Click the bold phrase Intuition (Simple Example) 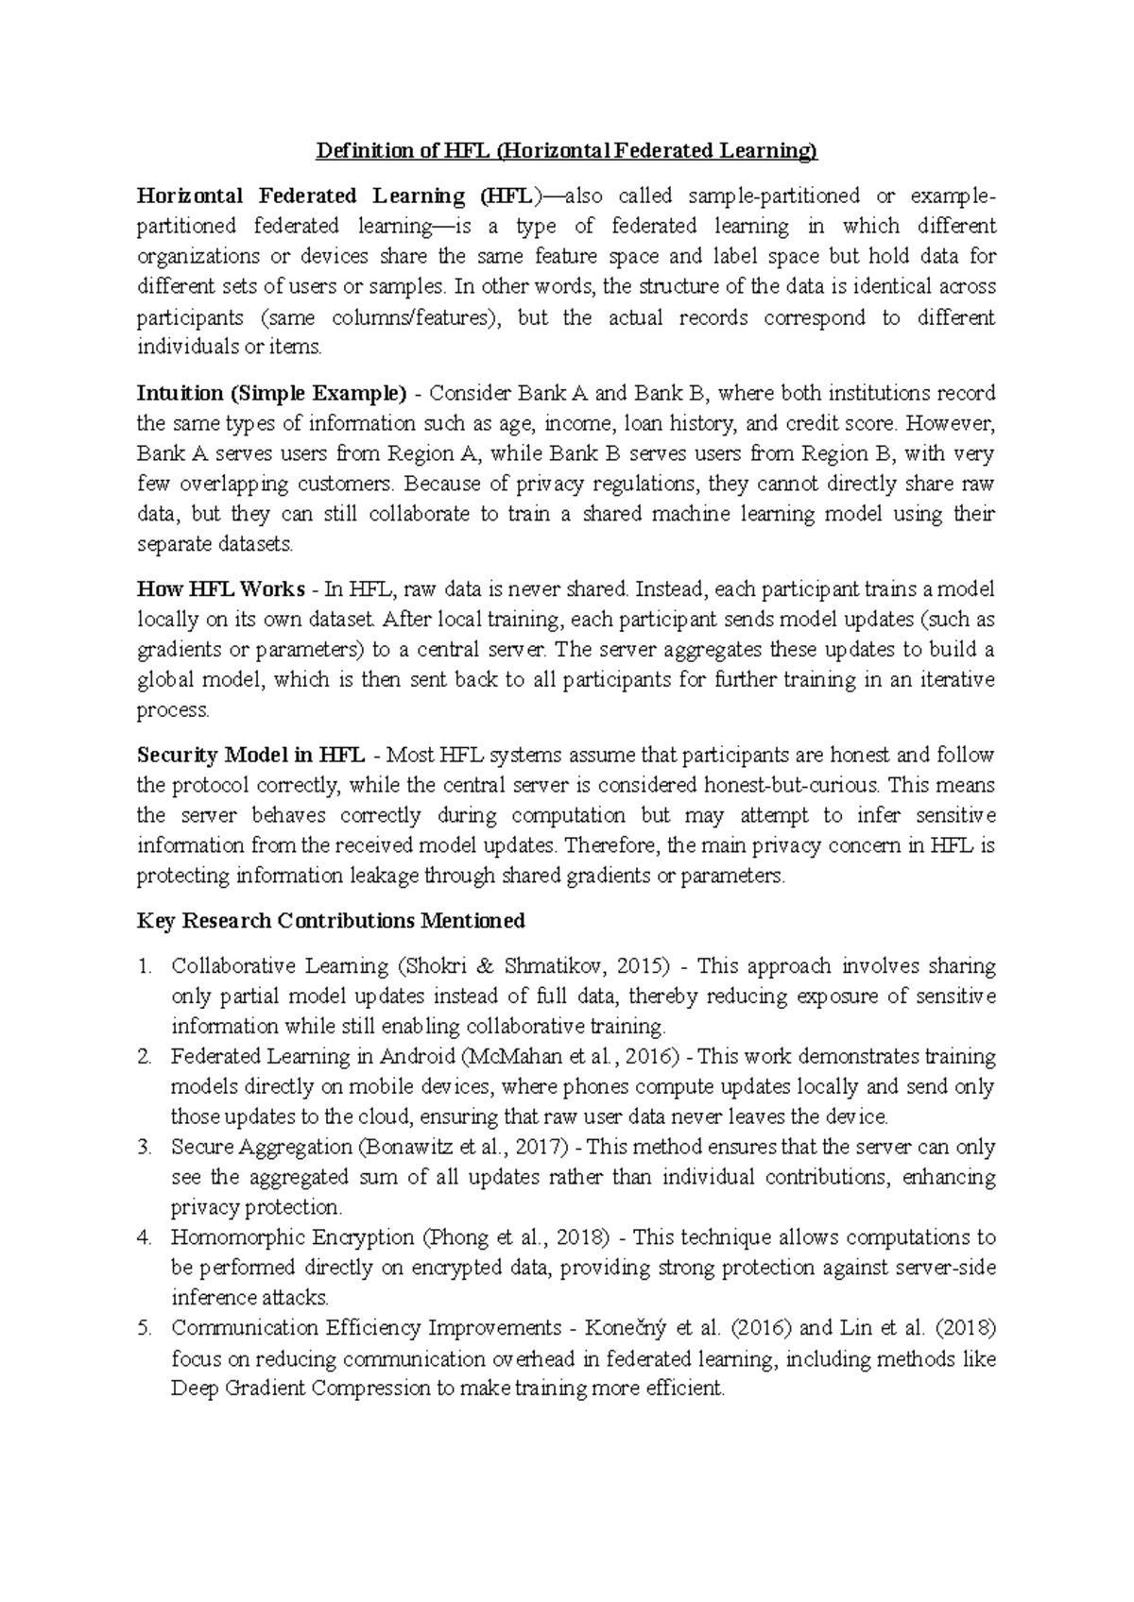click(x=271, y=393)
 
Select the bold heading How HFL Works click(x=220, y=589)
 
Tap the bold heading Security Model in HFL click(x=251, y=755)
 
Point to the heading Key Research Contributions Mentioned click(x=331, y=920)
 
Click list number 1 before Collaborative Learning click(x=144, y=966)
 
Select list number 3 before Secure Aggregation click(x=144, y=1148)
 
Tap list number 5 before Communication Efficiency click(x=144, y=1328)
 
